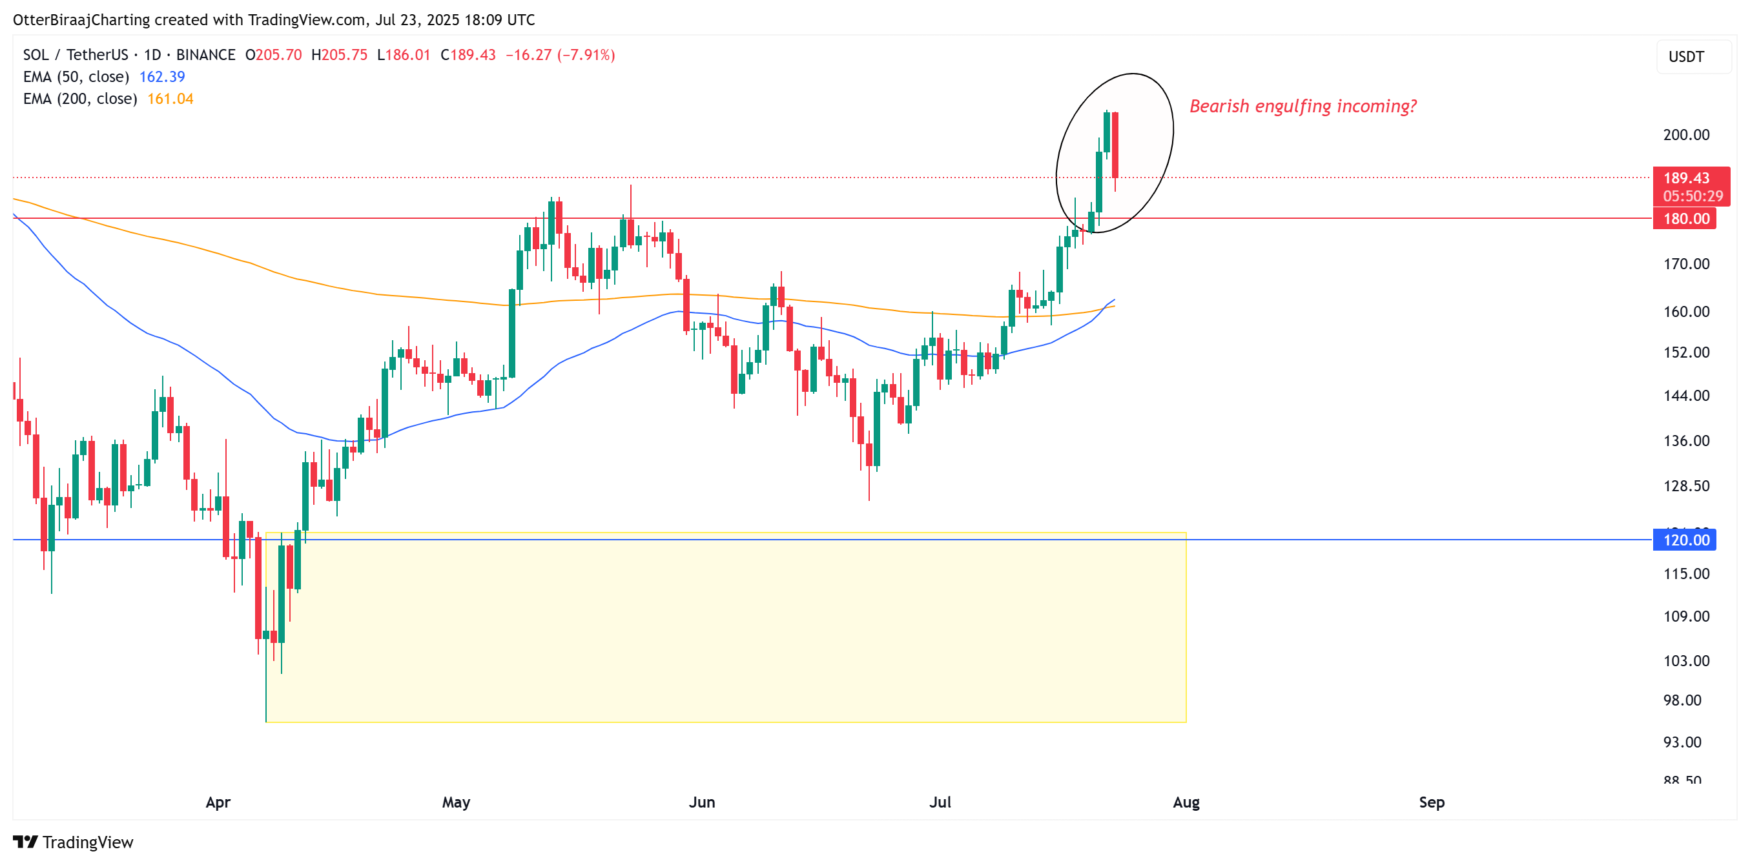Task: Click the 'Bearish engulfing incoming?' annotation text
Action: coord(1302,107)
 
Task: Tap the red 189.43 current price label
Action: coord(1686,178)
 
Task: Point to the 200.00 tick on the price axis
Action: coord(1685,134)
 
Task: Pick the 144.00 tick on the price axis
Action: coord(1685,395)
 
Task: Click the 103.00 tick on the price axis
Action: coord(1685,660)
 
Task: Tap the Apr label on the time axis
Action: coord(218,802)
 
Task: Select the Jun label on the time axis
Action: coord(702,802)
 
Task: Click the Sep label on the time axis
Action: coord(1432,802)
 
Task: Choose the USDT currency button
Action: coord(1686,57)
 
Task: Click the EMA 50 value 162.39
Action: coord(161,77)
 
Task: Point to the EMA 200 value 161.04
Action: coord(170,99)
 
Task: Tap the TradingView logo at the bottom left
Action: coord(74,842)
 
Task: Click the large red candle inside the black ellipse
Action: coord(1115,144)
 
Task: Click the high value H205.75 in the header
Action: coord(339,55)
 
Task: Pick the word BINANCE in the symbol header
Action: coord(205,55)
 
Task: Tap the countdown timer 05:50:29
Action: coord(1693,196)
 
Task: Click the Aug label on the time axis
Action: coord(1186,802)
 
